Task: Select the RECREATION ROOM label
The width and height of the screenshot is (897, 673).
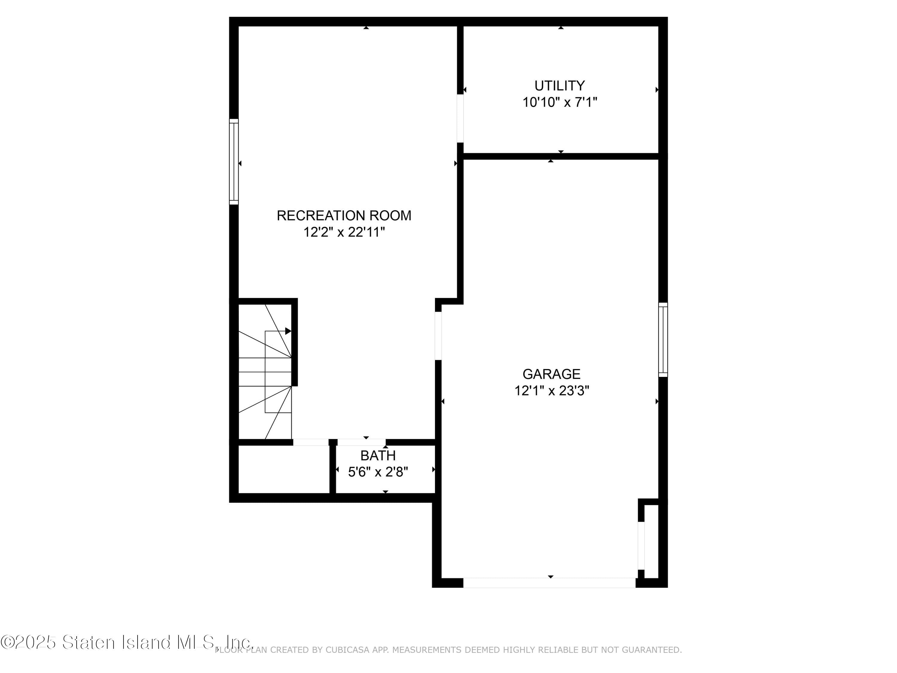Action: pos(344,215)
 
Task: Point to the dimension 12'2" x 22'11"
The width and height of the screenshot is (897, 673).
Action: pos(344,232)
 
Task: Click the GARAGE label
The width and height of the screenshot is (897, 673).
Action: pos(551,374)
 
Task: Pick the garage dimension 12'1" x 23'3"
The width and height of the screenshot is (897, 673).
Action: pos(551,391)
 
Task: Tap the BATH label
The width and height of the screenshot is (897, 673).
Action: pos(378,456)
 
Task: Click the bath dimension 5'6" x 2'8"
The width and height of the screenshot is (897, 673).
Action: pos(378,472)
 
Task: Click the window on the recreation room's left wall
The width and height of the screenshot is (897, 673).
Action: pos(234,162)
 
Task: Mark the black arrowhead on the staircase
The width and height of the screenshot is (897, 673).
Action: pos(288,331)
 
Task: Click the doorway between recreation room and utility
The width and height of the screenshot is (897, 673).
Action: pos(460,118)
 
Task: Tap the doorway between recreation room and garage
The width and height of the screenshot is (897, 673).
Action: pos(438,336)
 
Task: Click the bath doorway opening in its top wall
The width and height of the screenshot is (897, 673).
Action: pos(361,442)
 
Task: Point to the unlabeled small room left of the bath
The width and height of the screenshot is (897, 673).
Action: pos(284,469)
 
